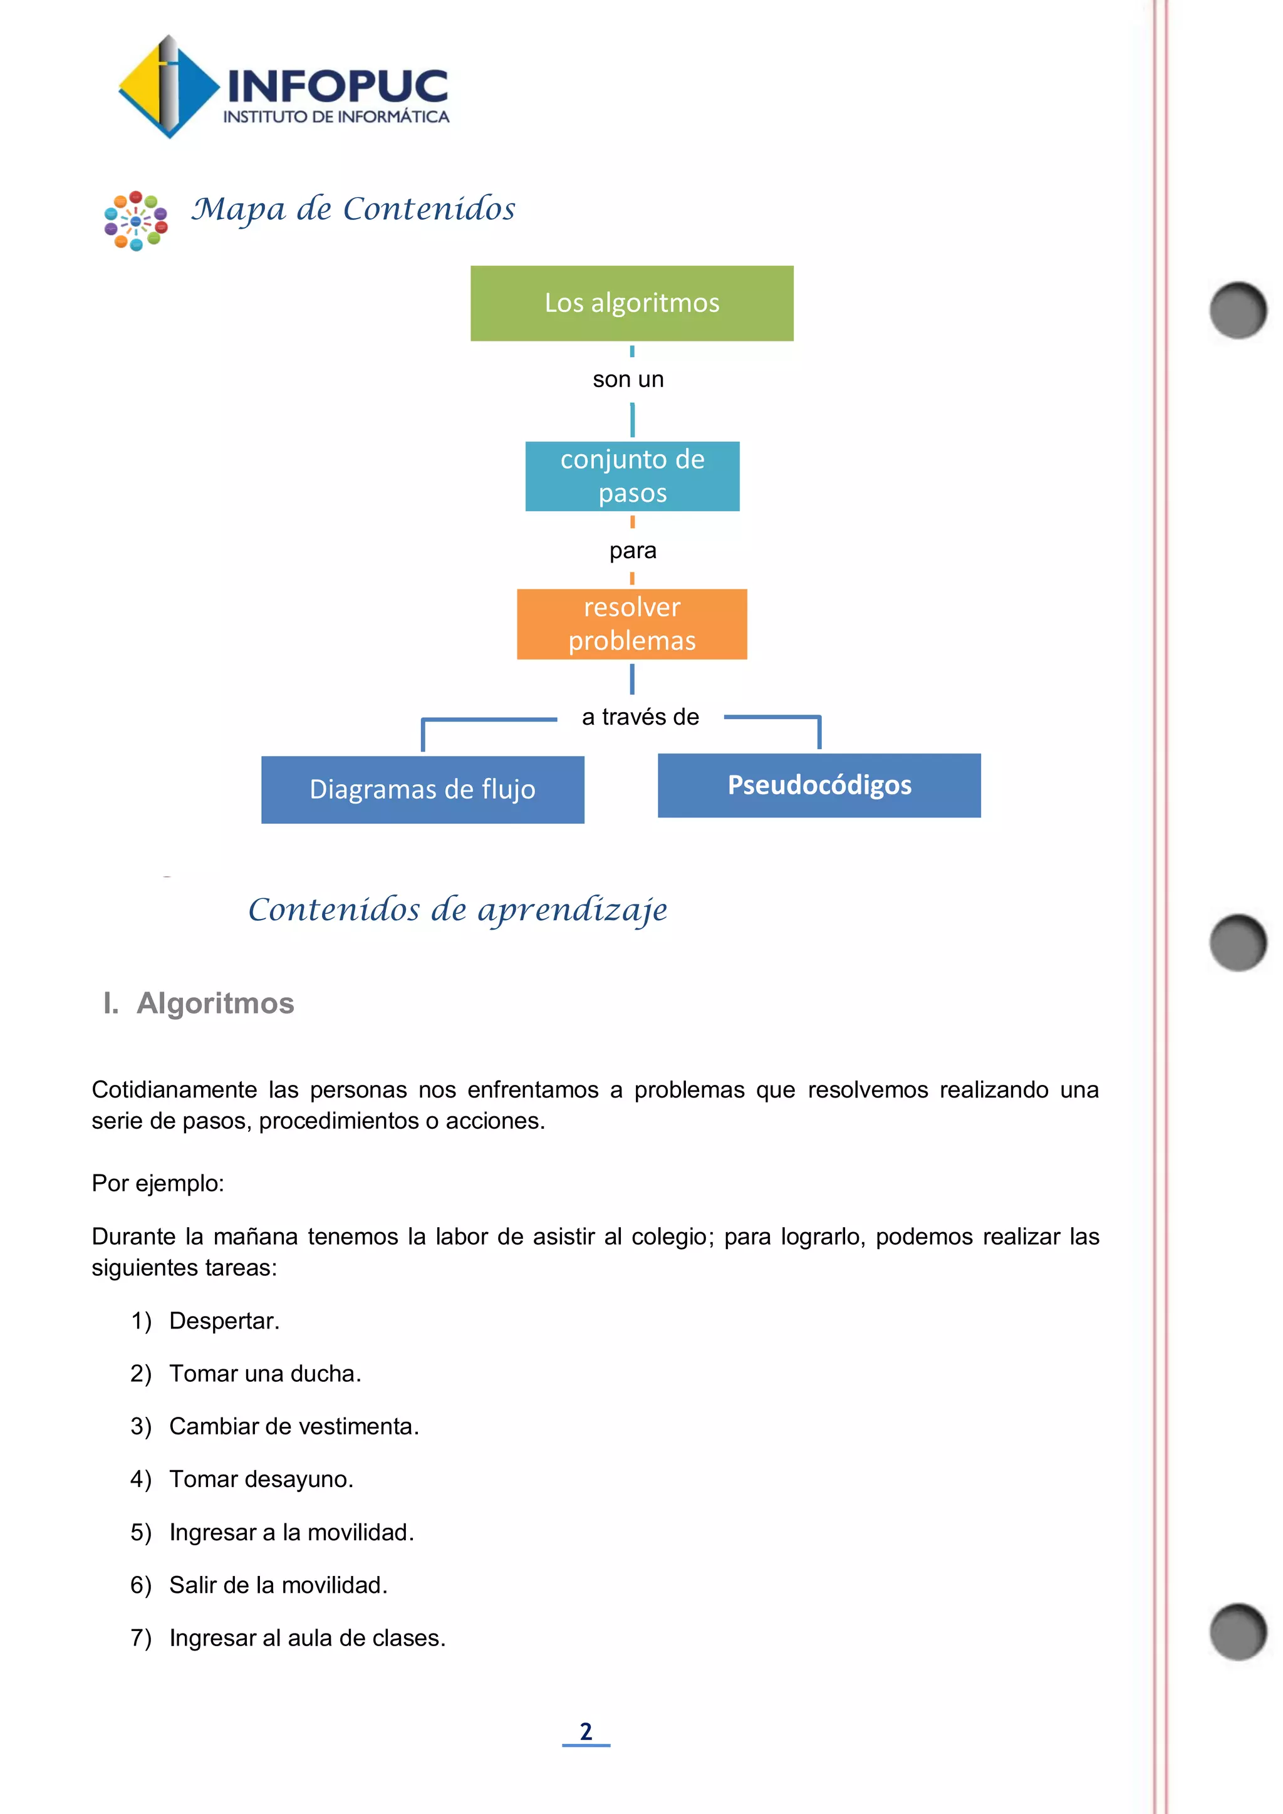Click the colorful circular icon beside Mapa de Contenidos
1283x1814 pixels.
136,221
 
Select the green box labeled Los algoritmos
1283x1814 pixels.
632,303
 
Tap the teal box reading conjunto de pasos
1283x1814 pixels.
632,477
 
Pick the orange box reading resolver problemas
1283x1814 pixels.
632,624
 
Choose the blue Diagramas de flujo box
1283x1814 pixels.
423,789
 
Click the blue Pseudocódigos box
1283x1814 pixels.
819,785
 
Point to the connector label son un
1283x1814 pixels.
628,379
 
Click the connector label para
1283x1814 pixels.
633,551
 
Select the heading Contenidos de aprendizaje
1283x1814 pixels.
457,910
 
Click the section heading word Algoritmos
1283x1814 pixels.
215,1003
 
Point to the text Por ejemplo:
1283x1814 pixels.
158,1183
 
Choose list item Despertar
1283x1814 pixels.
224,1321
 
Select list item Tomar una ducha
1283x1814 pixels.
264,1374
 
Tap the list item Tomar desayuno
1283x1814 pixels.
261,1480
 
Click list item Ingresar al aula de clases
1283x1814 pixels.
308,1639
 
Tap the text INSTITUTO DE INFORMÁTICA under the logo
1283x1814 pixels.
336,117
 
